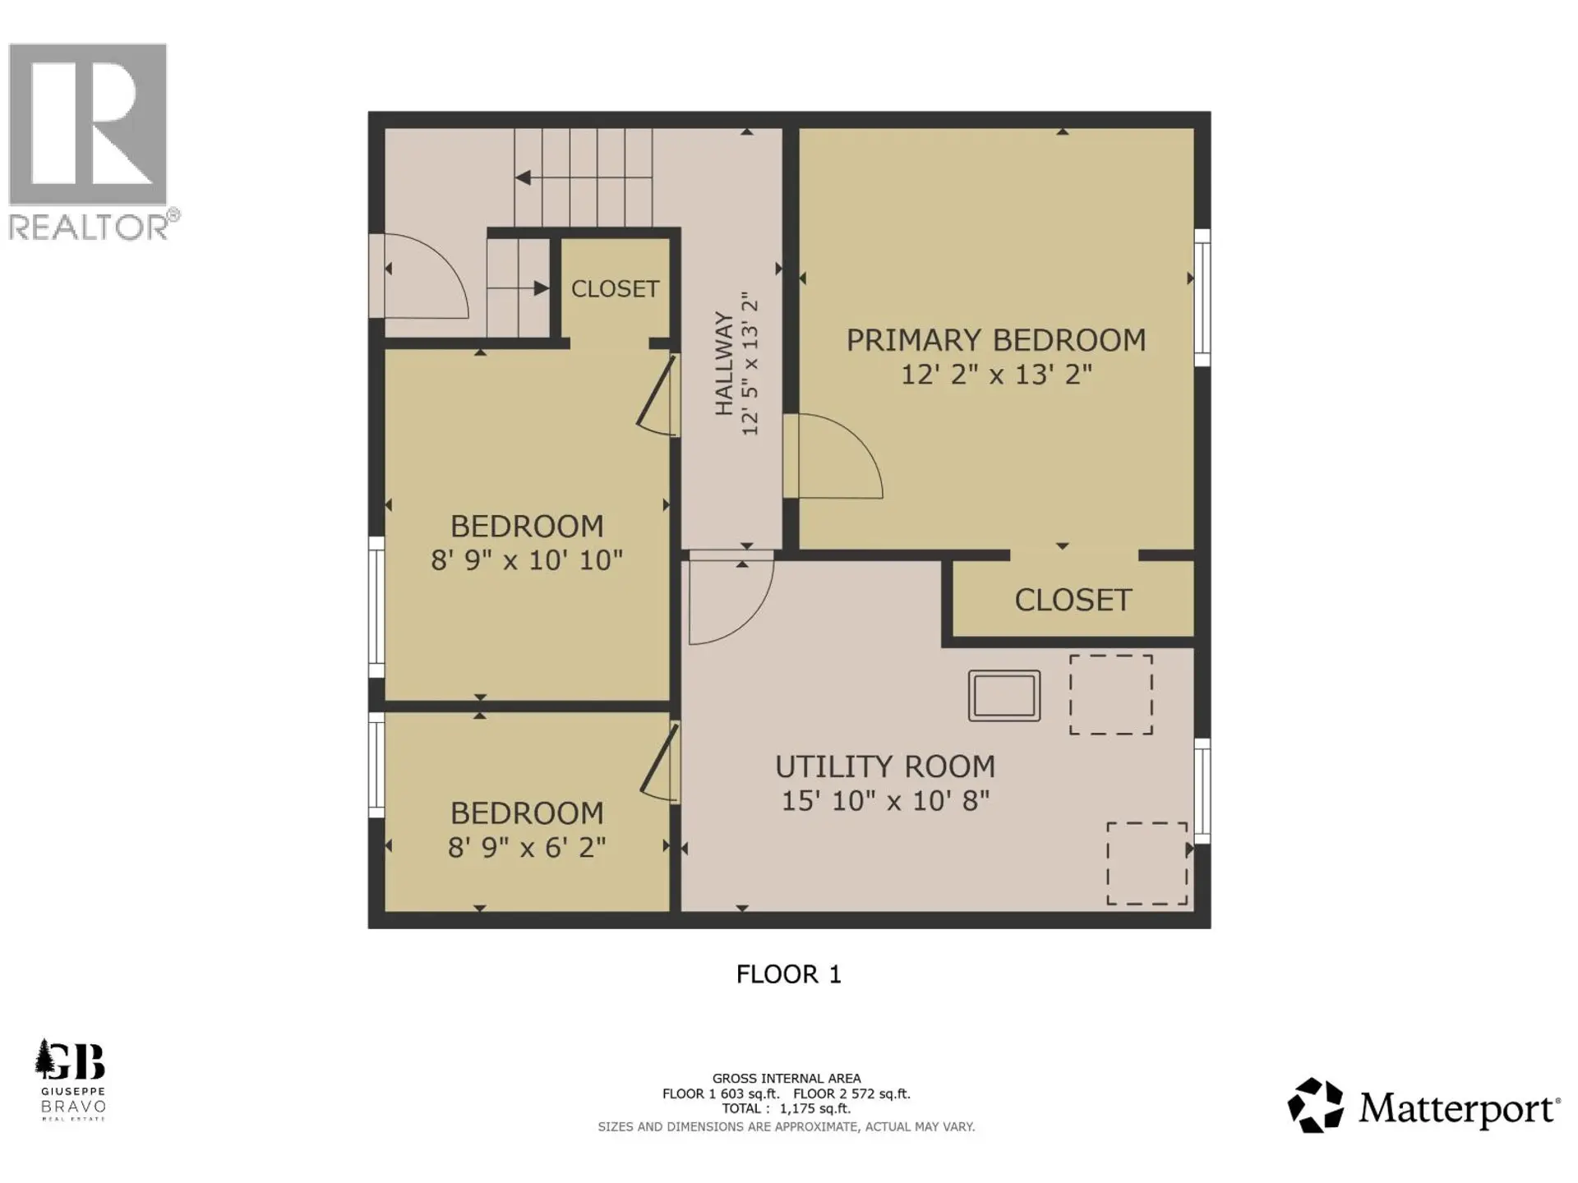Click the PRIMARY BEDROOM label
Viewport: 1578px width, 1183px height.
[x=996, y=340]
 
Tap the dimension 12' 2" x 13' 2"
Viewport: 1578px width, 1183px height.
[x=996, y=375]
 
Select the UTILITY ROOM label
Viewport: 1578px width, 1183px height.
[x=885, y=766]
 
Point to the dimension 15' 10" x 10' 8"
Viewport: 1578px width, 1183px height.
[x=885, y=800]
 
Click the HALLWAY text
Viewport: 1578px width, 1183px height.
[x=723, y=363]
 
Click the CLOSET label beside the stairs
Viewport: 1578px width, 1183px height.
[x=615, y=289]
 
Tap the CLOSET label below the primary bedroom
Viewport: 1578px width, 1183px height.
[x=1073, y=601]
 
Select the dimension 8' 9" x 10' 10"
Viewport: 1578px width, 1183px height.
[x=527, y=560]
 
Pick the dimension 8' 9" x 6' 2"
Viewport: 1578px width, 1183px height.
[x=527, y=847]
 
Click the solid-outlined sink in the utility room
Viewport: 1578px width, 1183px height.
[x=1004, y=696]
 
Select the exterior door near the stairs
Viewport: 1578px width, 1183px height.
[x=423, y=277]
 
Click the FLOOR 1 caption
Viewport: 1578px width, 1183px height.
[x=788, y=974]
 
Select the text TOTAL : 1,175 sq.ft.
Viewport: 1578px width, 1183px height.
[x=787, y=1109]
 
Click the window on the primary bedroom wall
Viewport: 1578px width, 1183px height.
[x=1202, y=297]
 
